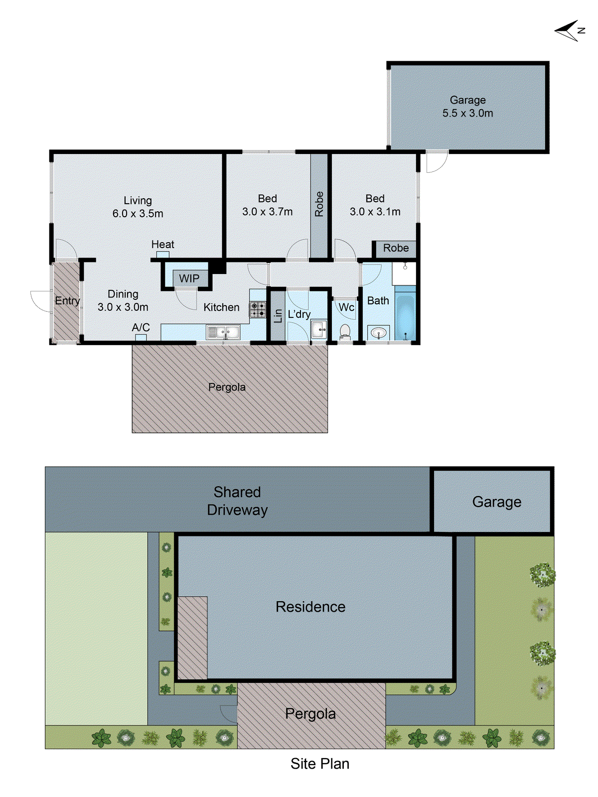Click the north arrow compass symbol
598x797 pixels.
pos(569,31)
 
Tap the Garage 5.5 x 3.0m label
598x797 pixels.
pos(467,107)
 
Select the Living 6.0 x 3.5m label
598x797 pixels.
pos(138,207)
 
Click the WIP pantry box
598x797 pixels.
pos(189,278)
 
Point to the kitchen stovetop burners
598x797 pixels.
pos(258,309)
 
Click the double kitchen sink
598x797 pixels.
pos(223,331)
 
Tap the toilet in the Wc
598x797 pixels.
pos(345,331)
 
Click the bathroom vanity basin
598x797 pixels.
pos(379,332)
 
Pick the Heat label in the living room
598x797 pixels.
pos(162,245)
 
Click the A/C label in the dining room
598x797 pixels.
pos(141,327)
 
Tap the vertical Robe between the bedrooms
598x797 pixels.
pos(319,204)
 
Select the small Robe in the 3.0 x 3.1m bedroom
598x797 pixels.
pos(396,248)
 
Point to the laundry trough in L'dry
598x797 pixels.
pos(319,329)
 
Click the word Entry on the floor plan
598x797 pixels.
pos(67,301)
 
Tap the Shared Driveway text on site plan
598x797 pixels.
pos(237,501)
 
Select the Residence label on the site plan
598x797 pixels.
pos(310,607)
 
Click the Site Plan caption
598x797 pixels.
pos(319,764)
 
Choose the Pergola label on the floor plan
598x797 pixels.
pos(227,387)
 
